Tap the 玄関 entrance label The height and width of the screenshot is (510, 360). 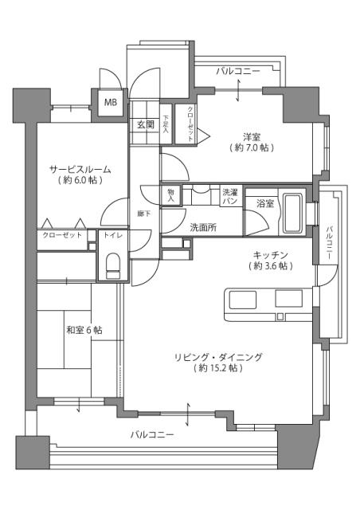144,124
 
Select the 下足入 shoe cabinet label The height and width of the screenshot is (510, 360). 166,125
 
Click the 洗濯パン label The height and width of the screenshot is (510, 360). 229,197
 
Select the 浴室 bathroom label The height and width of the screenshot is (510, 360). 264,204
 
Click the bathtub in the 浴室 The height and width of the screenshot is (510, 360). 292,213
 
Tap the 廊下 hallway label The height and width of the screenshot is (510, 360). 144,214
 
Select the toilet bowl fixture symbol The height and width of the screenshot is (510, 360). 111,265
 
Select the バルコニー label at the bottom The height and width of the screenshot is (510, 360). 152,435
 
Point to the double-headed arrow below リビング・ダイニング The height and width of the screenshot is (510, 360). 188,415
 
